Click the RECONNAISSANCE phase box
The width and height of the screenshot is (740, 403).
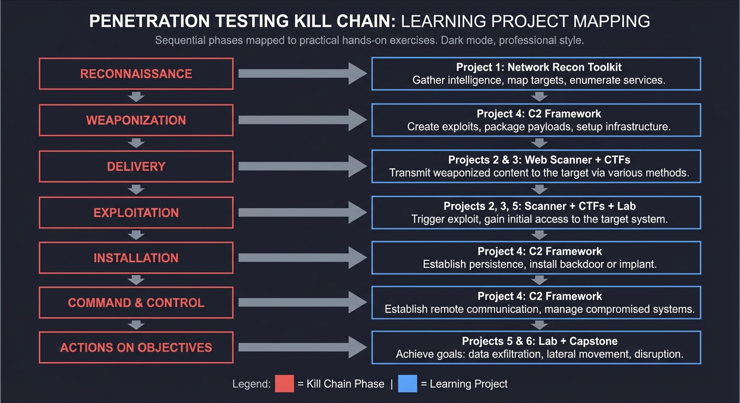point(136,73)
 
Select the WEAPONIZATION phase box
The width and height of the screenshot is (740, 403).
point(136,120)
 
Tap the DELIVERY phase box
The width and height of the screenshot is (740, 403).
point(136,166)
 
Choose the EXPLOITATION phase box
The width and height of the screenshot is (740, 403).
point(136,213)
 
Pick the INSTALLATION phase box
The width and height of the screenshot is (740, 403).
point(136,258)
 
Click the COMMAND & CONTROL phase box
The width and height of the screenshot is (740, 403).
point(136,303)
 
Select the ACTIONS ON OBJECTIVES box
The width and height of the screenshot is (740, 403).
point(136,347)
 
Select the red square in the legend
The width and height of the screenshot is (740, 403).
point(284,384)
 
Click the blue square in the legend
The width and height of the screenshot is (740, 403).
point(407,384)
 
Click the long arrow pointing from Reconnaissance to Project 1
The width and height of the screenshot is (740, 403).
point(302,73)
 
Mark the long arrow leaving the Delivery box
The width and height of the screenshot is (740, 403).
point(302,166)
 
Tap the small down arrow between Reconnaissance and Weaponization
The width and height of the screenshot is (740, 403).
point(136,97)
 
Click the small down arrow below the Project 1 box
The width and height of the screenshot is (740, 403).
point(539,97)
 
